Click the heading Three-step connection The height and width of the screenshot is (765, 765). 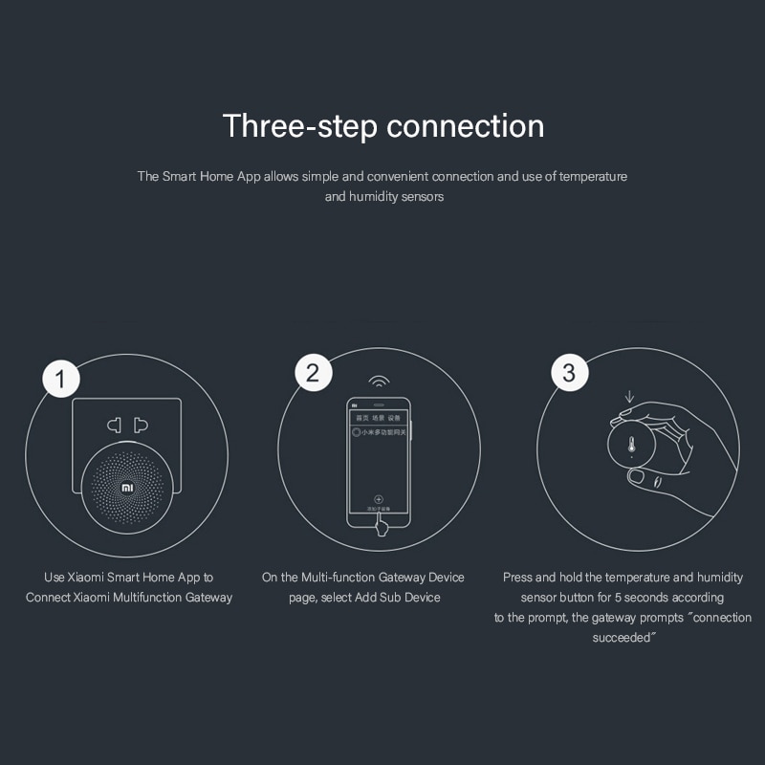point(382,125)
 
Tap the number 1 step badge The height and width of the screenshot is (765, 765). point(62,380)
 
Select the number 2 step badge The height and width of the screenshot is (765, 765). point(313,372)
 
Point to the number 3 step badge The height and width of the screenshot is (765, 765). point(569,372)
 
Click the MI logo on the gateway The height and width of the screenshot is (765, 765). point(127,487)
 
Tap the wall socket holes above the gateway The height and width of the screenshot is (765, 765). point(127,423)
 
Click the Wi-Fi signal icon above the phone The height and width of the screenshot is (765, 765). point(380,382)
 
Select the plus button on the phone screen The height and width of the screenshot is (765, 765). point(378,499)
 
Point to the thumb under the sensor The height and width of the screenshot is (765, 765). point(638,475)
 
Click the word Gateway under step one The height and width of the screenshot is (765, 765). point(208,598)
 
